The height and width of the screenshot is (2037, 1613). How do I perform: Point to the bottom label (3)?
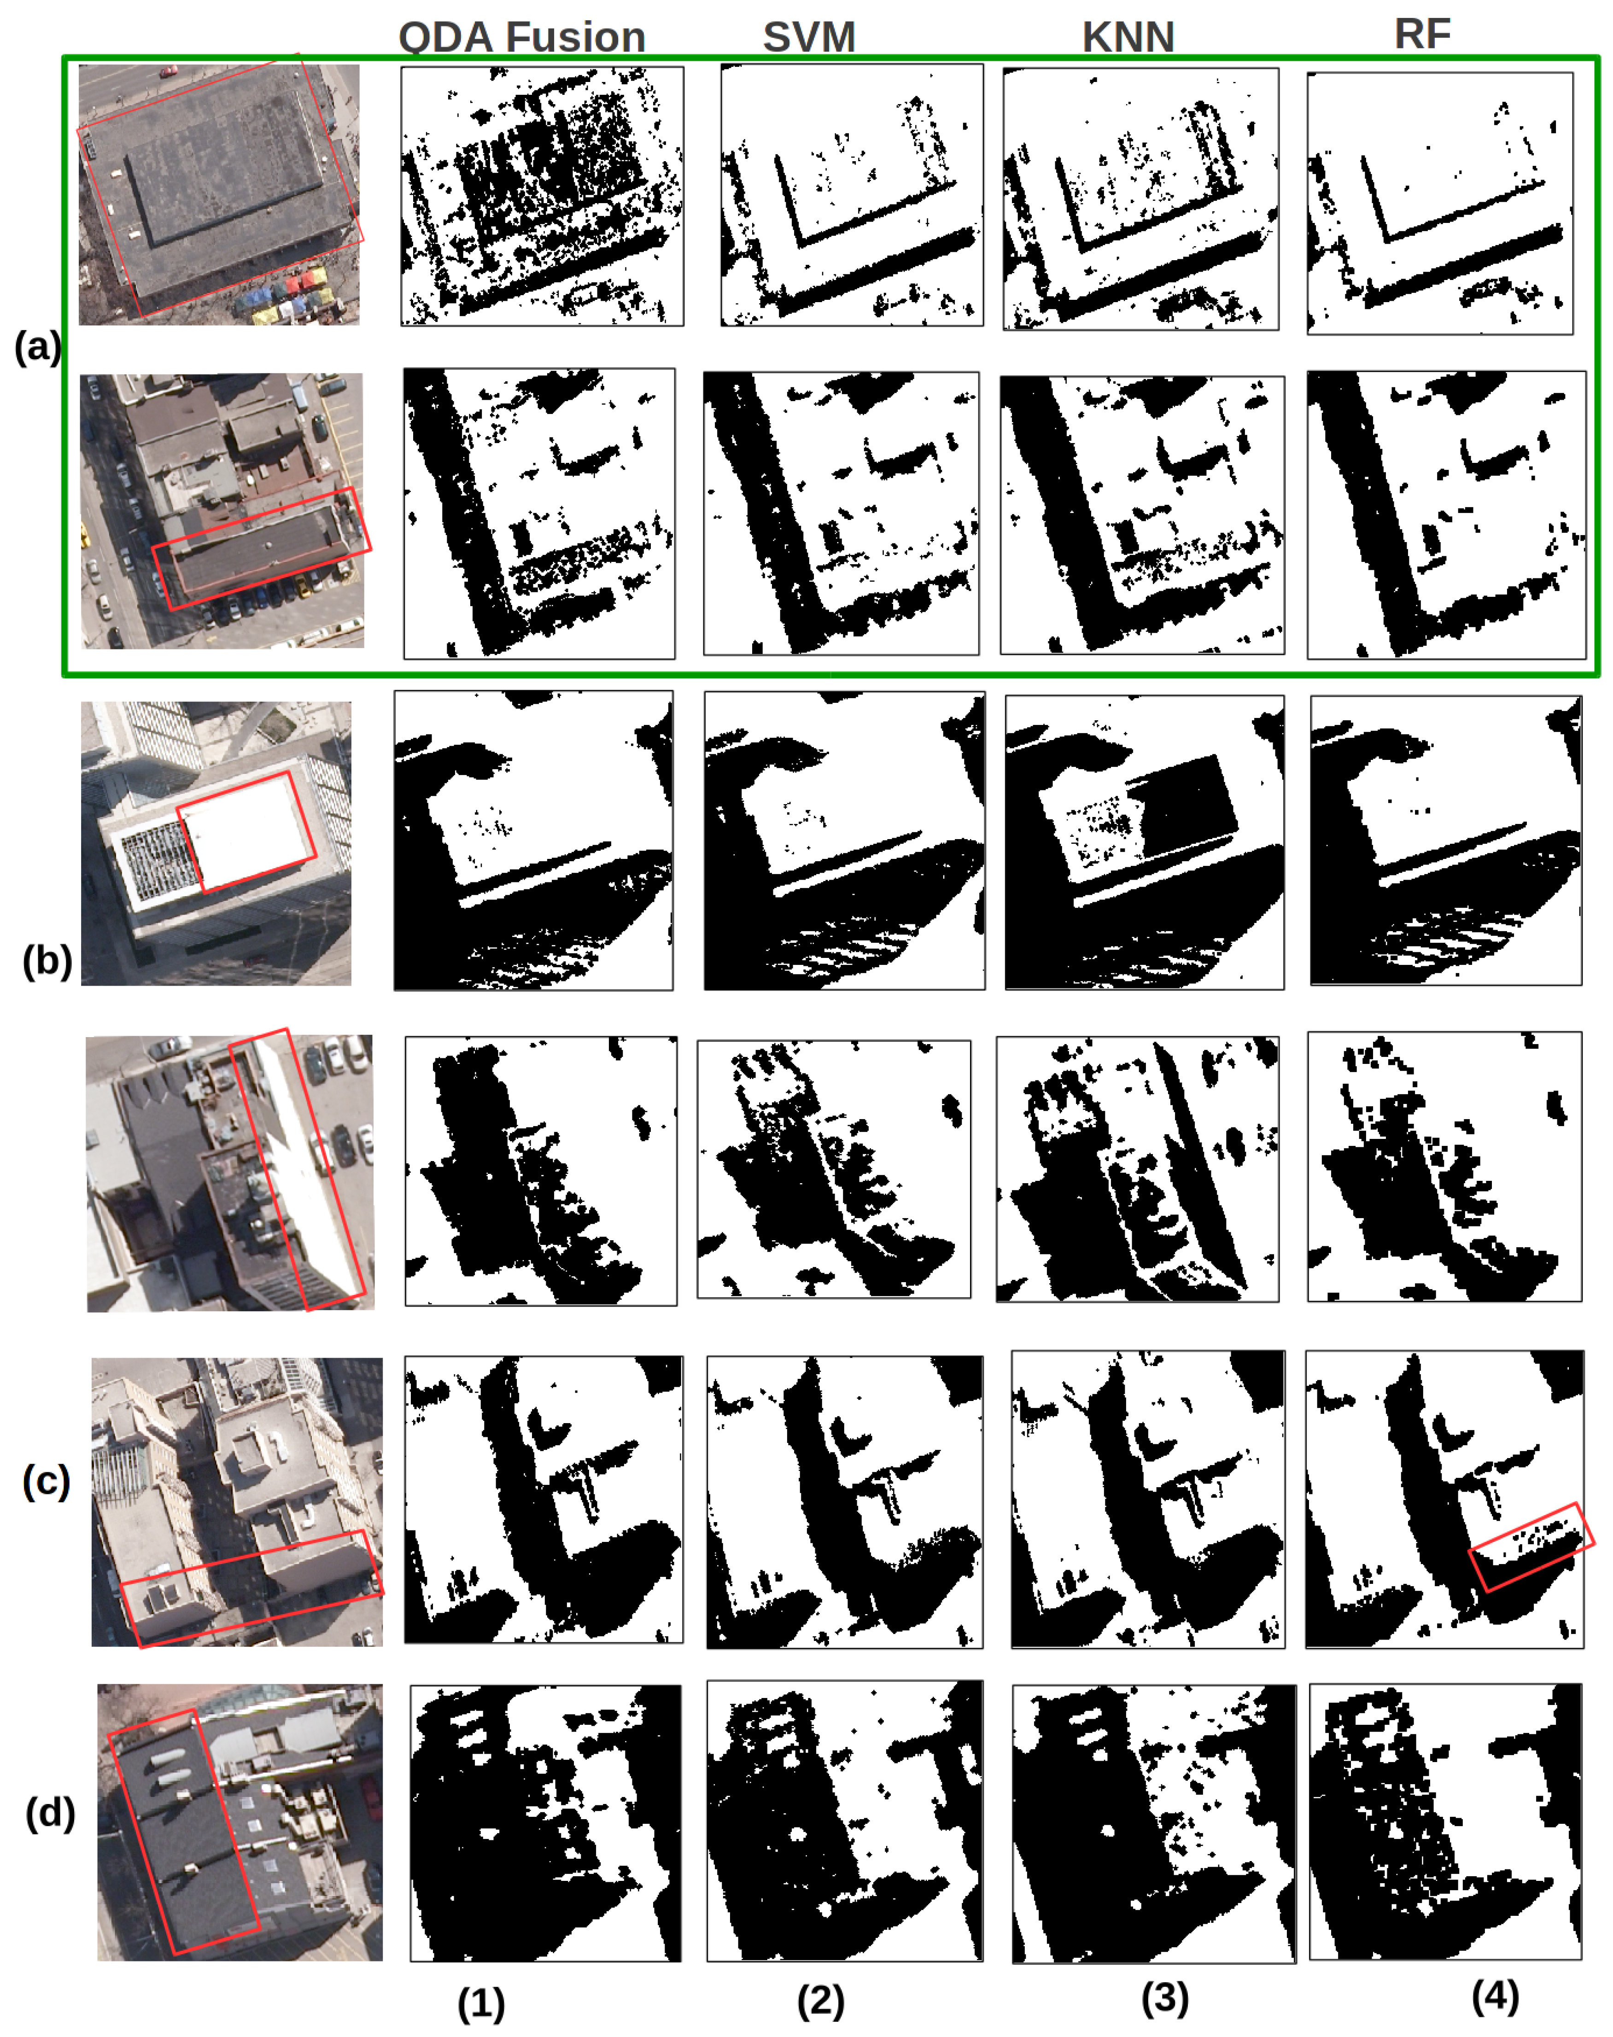[x=1164, y=1997]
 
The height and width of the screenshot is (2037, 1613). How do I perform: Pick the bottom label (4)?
[x=1495, y=1996]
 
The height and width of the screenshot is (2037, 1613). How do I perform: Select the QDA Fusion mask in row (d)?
[x=545, y=1823]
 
